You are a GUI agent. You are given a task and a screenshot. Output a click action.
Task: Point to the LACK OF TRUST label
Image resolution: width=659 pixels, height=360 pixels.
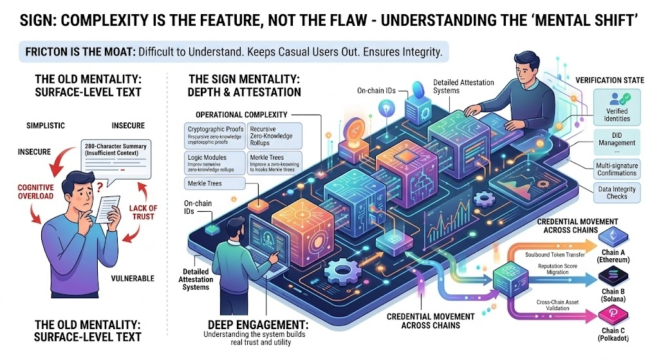(x=143, y=213)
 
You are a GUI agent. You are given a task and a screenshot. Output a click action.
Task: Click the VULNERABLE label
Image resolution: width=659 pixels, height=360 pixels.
(x=131, y=278)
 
